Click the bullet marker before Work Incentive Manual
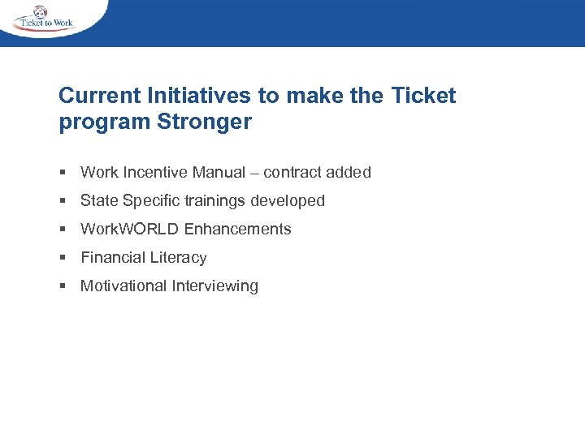coord(63,172)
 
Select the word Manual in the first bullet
coord(219,172)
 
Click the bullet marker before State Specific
coord(63,200)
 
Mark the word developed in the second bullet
coord(288,200)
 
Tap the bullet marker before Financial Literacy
coord(63,257)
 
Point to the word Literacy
coord(179,258)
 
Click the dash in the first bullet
coord(254,172)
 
